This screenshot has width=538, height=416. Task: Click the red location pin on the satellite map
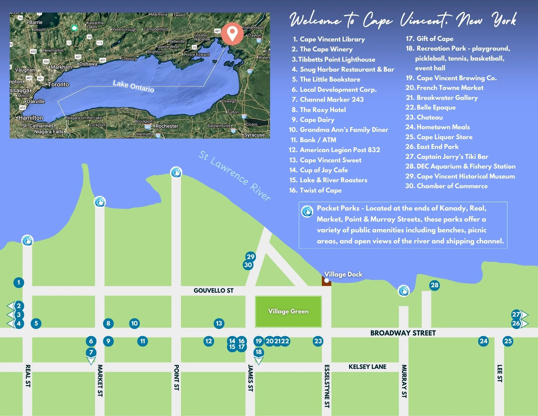(232, 33)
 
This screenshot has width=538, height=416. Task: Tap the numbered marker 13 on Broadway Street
(219, 323)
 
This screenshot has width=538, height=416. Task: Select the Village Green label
(288, 311)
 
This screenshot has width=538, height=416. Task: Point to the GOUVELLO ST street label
(213, 291)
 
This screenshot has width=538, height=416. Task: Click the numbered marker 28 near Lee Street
(434, 285)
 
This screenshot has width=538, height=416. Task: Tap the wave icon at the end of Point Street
(176, 172)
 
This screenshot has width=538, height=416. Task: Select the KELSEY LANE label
(367, 367)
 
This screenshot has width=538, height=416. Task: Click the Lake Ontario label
(133, 86)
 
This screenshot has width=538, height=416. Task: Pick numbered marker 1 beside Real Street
(19, 282)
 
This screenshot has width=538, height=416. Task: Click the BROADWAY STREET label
(403, 333)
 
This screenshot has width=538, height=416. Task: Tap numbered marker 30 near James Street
(248, 265)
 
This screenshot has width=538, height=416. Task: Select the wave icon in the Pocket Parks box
(307, 211)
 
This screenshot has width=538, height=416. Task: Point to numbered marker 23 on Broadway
(318, 341)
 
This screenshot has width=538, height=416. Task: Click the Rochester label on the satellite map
(167, 126)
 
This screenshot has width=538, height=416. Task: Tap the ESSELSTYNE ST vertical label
(327, 386)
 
